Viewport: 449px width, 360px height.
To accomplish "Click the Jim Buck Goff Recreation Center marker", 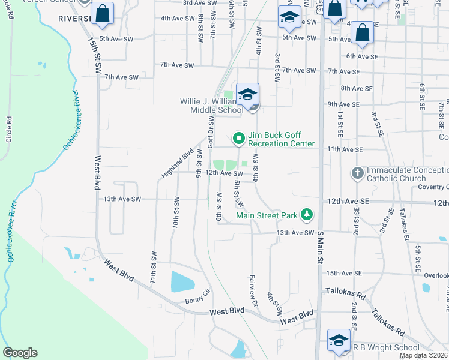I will (x=238, y=139).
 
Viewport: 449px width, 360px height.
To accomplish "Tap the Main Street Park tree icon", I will (x=307, y=214).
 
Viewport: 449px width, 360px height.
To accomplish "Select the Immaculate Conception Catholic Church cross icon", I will (x=357, y=173).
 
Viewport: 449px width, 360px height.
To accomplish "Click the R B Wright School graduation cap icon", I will (x=339, y=340).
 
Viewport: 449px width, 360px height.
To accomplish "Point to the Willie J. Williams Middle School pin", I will (x=247, y=94).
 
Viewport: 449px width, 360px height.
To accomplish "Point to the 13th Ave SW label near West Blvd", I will (x=122, y=199).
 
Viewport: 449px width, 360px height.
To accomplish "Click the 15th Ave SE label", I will (x=344, y=273).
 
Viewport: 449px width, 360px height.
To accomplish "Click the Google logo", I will (x=20, y=353).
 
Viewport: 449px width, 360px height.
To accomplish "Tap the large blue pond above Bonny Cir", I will (x=183, y=281).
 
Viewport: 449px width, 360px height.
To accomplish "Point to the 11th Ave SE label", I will (x=344, y=149).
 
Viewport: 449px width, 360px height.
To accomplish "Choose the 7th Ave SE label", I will (x=344, y=71).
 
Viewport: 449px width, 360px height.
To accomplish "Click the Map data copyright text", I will (x=424, y=355).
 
